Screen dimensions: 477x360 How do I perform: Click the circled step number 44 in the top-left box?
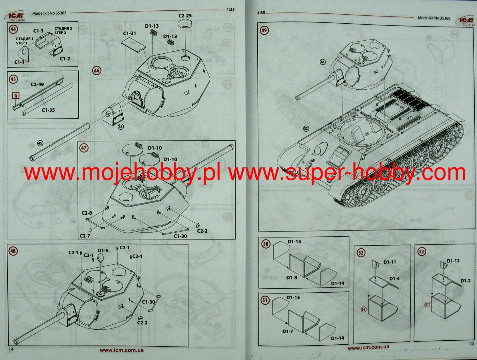pos(13,29)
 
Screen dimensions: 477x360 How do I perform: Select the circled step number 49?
pos(264,30)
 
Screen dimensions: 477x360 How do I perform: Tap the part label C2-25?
pos(185,16)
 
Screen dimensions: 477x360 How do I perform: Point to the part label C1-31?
pos(129,33)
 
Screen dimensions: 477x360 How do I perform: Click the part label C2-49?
pos(37,84)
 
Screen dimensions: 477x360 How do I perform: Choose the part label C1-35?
pos(48,110)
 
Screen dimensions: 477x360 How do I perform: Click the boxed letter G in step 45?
pos(16,96)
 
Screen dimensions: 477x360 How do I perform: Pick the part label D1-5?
pos(103,250)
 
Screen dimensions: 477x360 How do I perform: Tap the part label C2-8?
pos(87,213)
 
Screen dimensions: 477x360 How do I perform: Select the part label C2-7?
pos(85,236)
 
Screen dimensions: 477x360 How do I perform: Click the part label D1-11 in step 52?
pos(389,262)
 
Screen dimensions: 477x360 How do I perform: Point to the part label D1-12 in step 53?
pos(453,261)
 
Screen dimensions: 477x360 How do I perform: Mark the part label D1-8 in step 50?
pos(292,277)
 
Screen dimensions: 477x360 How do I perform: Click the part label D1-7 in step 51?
pos(288,331)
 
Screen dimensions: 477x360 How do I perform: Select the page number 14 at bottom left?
pos(11,349)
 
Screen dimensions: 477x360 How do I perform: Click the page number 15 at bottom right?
pos(472,343)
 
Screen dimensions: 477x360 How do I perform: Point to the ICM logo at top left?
pos(15,16)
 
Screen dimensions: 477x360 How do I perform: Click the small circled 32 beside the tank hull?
pos(306,129)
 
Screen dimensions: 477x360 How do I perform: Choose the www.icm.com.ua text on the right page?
pos(368,347)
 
